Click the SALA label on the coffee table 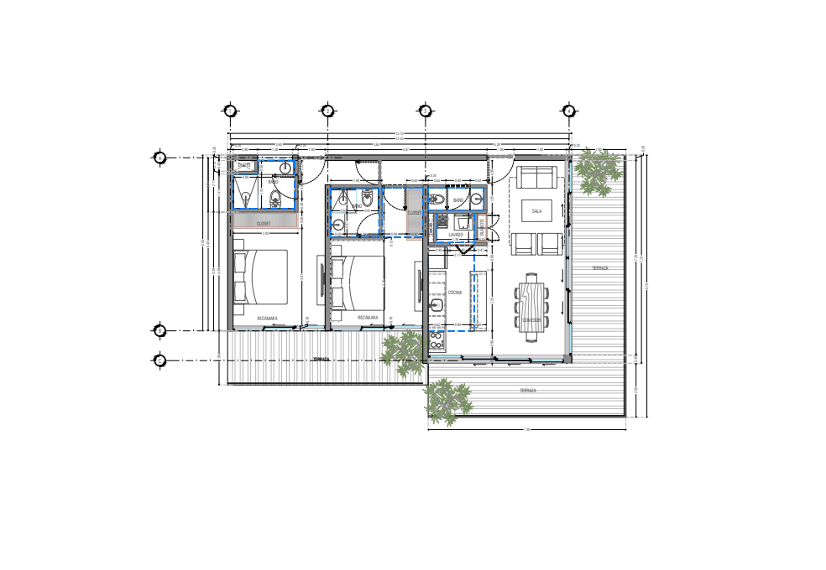[536, 211]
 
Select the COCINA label [455, 293]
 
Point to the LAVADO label [456, 235]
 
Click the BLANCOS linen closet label [483, 227]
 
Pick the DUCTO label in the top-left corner [244, 165]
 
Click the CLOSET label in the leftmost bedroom [264, 224]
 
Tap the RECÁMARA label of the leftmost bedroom [268, 319]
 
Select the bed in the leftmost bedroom [261, 276]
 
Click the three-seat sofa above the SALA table [536, 178]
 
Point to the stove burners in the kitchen [437, 339]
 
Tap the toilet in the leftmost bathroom [275, 199]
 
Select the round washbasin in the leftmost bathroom [285, 168]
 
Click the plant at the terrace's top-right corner [599, 172]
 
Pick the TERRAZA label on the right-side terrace [599, 268]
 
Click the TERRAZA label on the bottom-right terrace [527, 391]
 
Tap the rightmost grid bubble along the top [568, 111]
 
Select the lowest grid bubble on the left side [159, 360]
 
